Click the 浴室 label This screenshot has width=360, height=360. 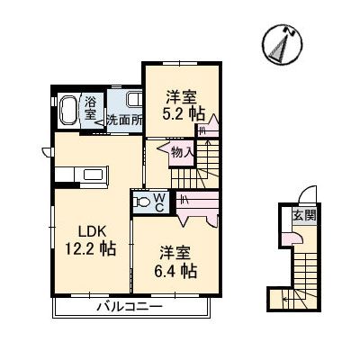[91, 110]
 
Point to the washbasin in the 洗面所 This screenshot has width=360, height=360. [133, 100]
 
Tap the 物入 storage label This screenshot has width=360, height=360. [183, 152]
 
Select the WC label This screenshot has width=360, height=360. [158, 202]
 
